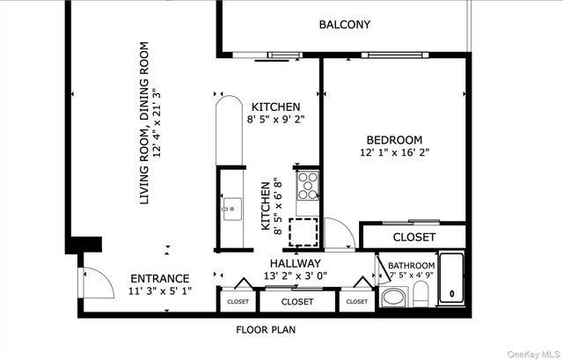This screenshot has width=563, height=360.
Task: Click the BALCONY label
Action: tap(344, 25)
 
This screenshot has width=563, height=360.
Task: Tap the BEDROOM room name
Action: tap(394, 139)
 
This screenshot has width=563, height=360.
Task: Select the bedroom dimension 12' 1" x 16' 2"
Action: tap(394, 153)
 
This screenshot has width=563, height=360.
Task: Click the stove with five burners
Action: tap(308, 185)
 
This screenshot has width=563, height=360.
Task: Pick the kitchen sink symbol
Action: tap(233, 209)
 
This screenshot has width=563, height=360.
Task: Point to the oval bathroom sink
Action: tap(392, 297)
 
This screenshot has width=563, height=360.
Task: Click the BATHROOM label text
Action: tap(411, 266)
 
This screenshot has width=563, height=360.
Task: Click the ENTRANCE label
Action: tap(159, 277)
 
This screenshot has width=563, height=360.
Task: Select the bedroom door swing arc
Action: tap(338, 232)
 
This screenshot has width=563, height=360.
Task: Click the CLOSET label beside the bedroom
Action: tap(413, 237)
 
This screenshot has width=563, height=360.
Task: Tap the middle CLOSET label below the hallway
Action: tap(297, 302)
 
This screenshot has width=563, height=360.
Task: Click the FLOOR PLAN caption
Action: tap(265, 331)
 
